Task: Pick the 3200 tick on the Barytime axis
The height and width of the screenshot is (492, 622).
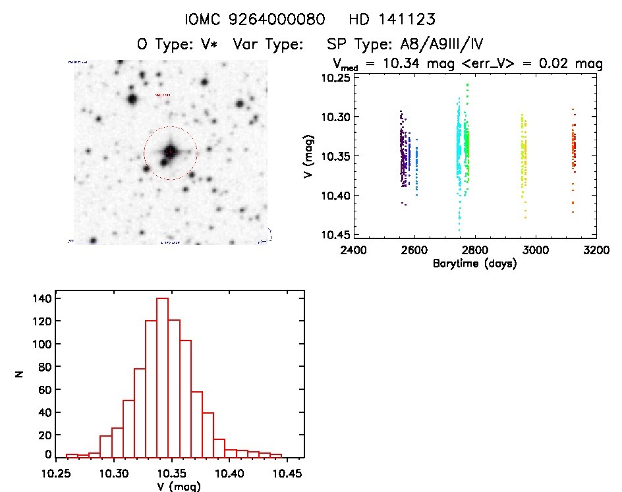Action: click(x=596, y=251)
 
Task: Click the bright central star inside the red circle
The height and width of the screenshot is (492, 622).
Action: click(x=170, y=151)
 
